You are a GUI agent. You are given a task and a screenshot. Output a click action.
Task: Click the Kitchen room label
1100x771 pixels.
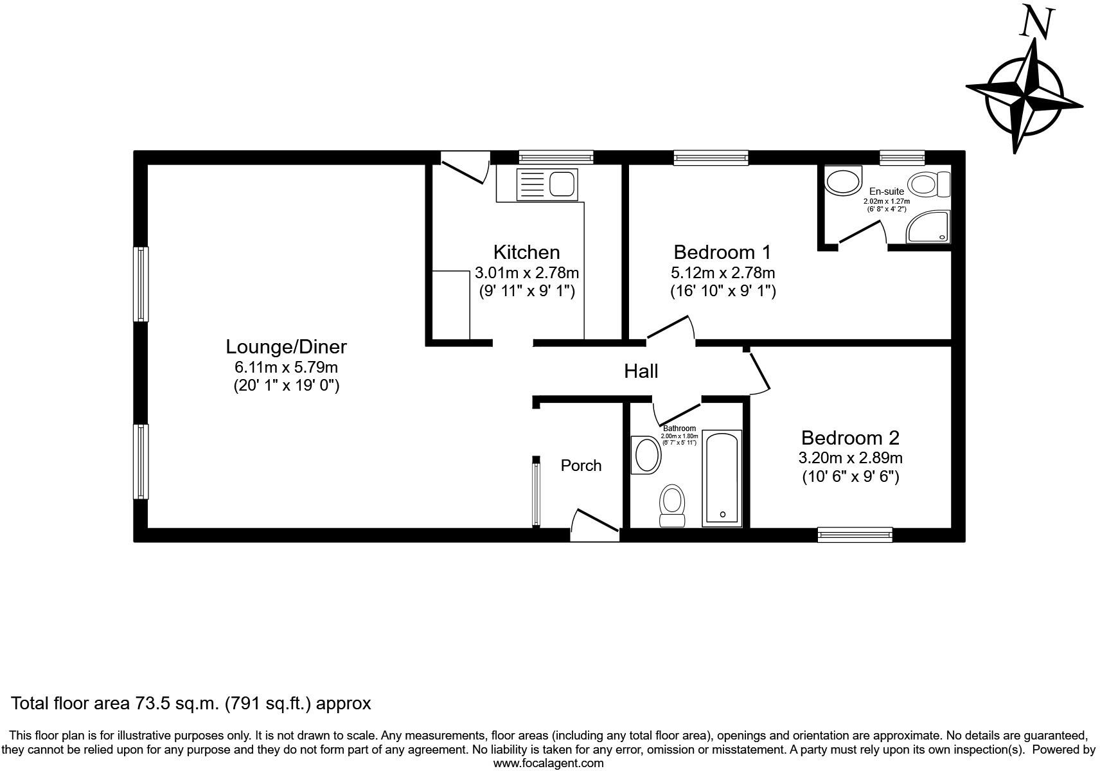pyautogui.click(x=526, y=252)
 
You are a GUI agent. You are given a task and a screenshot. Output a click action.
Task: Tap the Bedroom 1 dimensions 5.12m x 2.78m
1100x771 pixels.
pyautogui.click(x=722, y=272)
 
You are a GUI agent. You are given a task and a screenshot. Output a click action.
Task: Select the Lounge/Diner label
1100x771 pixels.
pyautogui.click(x=286, y=347)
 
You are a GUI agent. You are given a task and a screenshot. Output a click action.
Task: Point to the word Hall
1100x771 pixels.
pyautogui.click(x=641, y=371)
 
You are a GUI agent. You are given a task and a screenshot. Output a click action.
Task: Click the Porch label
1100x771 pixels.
pyautogui.click(x=581, y=465)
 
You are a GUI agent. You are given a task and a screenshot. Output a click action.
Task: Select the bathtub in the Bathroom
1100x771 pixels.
pyautogui.click(x=722, y=477)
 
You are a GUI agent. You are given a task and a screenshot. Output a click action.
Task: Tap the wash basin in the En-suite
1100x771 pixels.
pyautogui.click(x=843, y=181)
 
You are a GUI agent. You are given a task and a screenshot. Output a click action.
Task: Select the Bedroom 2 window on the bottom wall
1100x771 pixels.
pyautogui.click(x=855, y=534)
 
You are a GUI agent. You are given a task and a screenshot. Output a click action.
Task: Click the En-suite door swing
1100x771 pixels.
pyautogui.click(x=862, y=233)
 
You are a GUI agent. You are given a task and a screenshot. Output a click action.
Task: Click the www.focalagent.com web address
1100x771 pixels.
pyautogui.click(x=548, y=763)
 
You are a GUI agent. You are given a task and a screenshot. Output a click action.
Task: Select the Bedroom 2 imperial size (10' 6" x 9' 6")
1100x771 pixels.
pyautogui.click(x=850, y=477)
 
